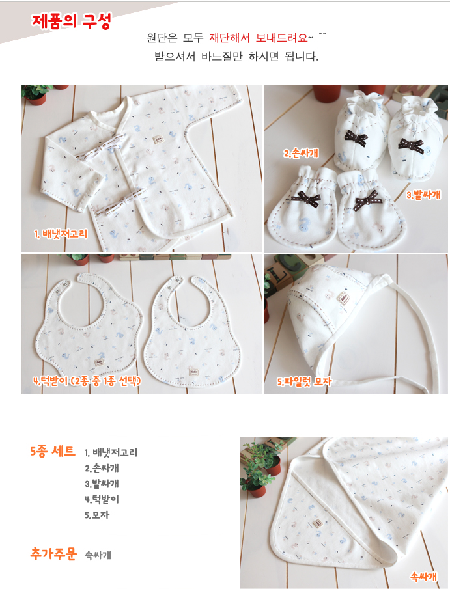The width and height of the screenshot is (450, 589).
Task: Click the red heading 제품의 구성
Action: coord(71,21)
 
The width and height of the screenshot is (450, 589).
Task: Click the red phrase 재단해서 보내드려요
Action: coord(259,38)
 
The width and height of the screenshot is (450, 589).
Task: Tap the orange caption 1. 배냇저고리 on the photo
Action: coord(61,234)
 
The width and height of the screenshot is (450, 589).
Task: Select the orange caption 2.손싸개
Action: coord(301,153)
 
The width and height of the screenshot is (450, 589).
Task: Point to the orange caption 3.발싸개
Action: coord(423,195)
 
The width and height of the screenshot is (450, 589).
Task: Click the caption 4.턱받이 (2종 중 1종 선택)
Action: coord(87,381)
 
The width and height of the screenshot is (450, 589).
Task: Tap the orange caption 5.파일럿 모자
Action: coord(304,381)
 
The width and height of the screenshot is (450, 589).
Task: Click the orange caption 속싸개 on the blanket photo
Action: coord(424,576)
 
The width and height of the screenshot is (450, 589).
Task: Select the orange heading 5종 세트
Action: coord(53,451)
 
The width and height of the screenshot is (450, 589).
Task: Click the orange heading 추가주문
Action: coord(53,554)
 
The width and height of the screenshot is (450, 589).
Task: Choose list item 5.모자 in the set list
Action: coord(97,515)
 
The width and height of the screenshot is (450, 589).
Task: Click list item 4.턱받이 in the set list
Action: coord(102,499)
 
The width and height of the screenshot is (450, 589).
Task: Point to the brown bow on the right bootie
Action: coord(411,145)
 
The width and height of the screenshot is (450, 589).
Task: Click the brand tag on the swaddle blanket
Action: coord(318,523)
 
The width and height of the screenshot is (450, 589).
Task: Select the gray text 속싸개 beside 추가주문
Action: coord(98,555)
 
